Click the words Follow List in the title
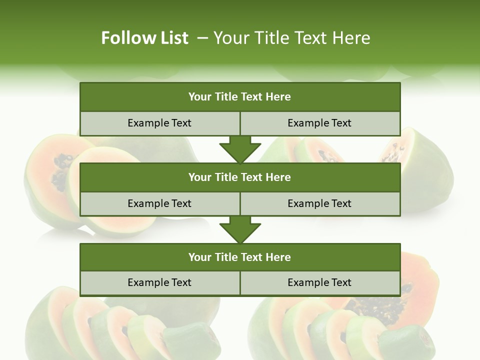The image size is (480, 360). click(144, 38)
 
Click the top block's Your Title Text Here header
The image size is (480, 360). click(239, 97)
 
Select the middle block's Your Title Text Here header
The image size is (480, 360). click(239, 177)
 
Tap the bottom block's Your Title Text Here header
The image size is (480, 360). click(239, 257)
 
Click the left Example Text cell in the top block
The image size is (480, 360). click(159, 123)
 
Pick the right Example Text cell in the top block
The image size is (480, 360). click(319, 123)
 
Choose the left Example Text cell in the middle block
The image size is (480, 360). click(159, 203)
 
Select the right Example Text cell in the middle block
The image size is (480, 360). click(319, 203)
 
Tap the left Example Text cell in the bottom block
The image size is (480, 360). click(159, 282)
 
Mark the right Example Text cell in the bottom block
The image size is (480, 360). click(319, 282)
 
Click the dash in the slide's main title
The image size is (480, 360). click(202, 38)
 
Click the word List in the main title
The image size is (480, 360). click(173, 38)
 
